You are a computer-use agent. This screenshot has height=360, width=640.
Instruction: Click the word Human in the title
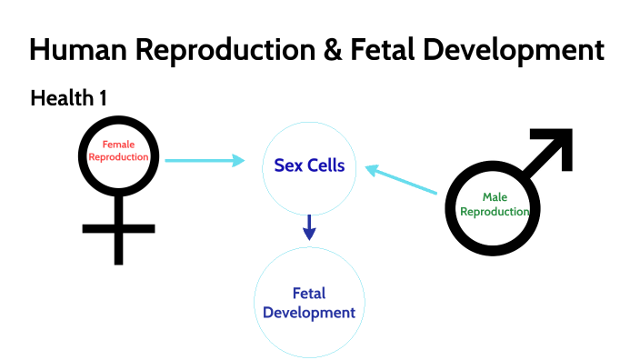click(x=79, y=50)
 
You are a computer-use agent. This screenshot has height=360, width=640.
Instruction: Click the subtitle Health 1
click(x=69, y=98)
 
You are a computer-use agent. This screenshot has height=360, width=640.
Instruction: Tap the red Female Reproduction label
click(x=118, y=151)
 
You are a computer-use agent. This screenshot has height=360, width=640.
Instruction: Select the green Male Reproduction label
click(x=495, y=205)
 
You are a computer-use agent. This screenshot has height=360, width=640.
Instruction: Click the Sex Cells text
click(x=309, y=165)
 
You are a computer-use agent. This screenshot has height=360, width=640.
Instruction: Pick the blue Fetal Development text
click(x=310, y=304)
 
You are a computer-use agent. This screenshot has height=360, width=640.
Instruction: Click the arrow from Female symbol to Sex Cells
click(x=205, y=161)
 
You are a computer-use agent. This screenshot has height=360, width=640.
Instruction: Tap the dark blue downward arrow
click(x=309, y=227)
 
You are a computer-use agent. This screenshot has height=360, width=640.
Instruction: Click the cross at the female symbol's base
click(x=118, y=228)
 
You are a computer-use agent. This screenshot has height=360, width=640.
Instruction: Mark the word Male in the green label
click(x=495, y=197)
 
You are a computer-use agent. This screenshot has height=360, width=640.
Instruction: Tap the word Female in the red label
click(x=118, y=145)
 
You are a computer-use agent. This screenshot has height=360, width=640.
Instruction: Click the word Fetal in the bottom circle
click(x=309, y=294)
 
